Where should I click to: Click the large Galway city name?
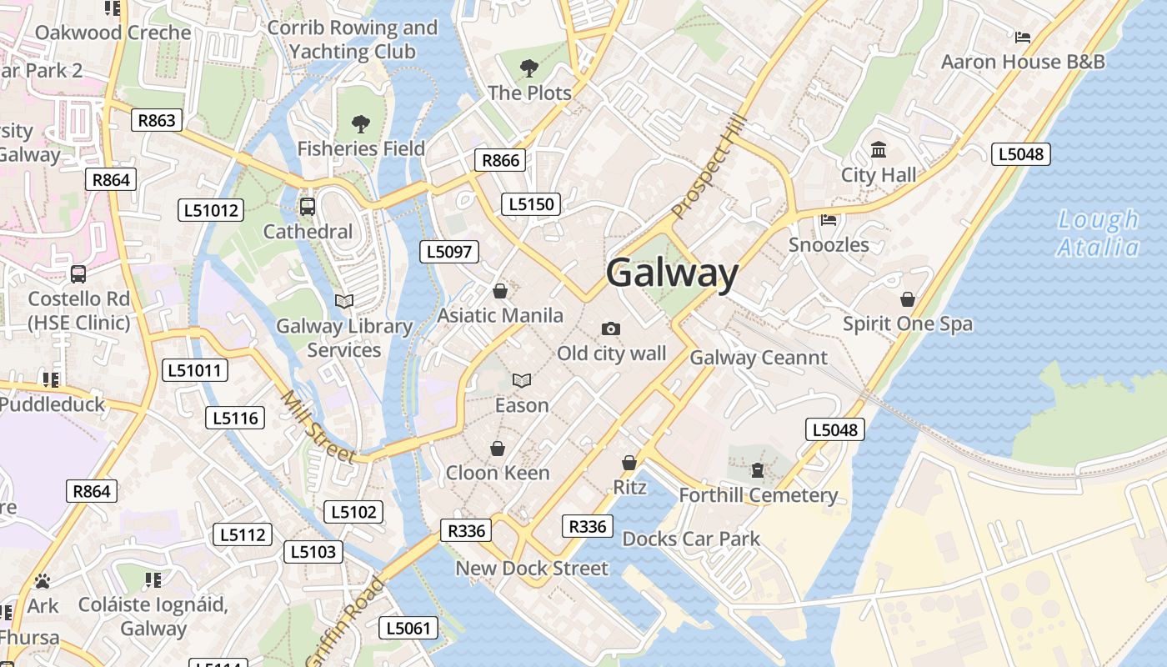(x=672, y=273)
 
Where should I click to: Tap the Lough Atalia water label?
(x=1098, y=233)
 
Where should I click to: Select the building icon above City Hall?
(x=879, y=150)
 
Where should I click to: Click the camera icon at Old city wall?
(x=611, y=328)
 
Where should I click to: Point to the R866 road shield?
(x=500, y=160)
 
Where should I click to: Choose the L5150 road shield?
(x=531, y=204)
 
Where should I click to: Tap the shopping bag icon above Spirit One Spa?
(x=907, y=298)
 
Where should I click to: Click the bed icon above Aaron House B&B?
(x=1023, y=37)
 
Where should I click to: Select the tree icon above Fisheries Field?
(x=361, y=124)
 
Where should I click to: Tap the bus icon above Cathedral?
(x=307, y=206)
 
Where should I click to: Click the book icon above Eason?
(x=522, y=381)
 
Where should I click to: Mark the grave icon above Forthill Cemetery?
(x=757, y=470)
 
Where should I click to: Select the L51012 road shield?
(x=211, y=210)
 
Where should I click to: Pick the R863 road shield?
(x=157, y=120)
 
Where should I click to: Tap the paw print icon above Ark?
(x=43, y=580)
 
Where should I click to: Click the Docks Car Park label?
(x=691, y=539)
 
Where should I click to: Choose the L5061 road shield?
(x=408, y=628)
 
